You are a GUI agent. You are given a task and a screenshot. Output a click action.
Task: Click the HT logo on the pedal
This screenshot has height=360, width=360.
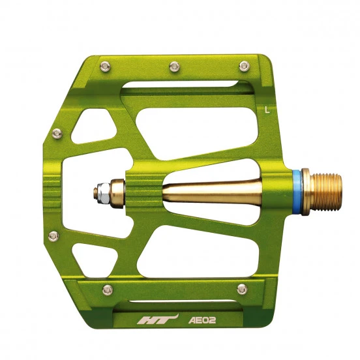click(158, 320)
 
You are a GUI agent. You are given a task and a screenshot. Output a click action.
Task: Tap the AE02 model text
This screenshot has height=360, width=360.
click(202, 320)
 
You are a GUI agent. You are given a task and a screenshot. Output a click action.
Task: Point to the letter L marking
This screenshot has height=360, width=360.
click(267, 110)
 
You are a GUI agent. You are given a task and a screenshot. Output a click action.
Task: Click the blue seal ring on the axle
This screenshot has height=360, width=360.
click(297, 192)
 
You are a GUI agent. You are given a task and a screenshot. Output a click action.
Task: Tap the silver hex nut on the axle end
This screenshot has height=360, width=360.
click(103, 193)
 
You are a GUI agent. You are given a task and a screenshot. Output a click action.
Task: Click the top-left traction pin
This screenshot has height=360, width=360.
click(105, 67)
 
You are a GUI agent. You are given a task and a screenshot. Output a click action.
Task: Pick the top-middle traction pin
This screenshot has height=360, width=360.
click(174, 67)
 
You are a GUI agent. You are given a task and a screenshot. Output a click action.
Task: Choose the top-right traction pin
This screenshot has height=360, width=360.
click(244, 67)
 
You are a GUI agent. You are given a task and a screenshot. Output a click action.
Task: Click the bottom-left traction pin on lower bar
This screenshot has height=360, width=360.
click(108, 290)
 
